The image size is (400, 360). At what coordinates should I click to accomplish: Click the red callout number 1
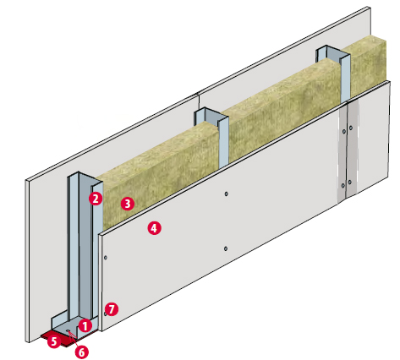pyautogui.click(x=85, y=326)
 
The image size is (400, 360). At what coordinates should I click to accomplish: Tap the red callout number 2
pyautogui.click(x=96, y=199)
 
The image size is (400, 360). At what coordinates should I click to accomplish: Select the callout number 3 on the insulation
pyautogui.click(x=128, y=204)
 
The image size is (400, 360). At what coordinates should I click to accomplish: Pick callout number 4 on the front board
pyautogui.click(x=154, y=228)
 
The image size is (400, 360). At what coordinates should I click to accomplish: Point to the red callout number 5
pyautogui.click(x=54, y=341)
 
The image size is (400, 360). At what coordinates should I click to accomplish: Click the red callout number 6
pyautogui.click(x=81, y=352)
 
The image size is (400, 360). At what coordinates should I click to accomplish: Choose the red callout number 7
pyautogui.click(x=112, y=309)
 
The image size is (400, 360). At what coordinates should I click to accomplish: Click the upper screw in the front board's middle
pyautogui.click(x=226, y=194)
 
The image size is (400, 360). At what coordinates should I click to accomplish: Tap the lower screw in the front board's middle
pyautogui.click(x=226, y=248)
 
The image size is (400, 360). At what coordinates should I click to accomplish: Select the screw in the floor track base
pyautogui.click(x=68, y=330)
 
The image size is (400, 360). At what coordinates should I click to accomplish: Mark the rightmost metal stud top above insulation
pyautogui.click(x=333, y=55)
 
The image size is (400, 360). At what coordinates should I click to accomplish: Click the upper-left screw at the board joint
pyautogui.click(x=344, y=131)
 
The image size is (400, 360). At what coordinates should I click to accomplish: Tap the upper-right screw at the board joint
pyautogui.click(x=351, y=128)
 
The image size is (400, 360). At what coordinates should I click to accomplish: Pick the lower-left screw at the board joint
pyautogui.click(x=342, y=186)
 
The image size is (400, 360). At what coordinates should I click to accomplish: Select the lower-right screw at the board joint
pyautogui.click(x=349, y=182)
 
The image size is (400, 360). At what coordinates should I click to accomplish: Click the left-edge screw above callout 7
pyautogui.click(x=106, y=258)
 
